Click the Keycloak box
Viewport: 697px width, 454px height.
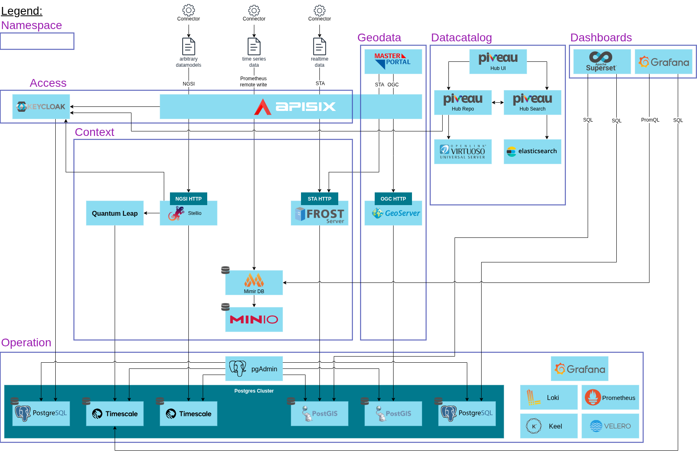click(x=41, y=106)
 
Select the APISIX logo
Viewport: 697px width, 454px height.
click(x=295, y=106)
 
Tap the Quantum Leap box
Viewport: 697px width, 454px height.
click(x=115, y=213)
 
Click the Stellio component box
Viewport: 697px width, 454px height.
click(x=188, y=213)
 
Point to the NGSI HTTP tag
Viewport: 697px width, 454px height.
click(x=188, y=199)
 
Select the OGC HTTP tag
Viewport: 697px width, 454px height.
click(x=393, y=199)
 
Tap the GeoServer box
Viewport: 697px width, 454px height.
click(x=393, y=213)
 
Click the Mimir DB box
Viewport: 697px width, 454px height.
click(x=254, y=282)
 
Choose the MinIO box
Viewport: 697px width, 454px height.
click(x=254, y=319)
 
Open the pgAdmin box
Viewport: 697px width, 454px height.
click(x=254, y=368)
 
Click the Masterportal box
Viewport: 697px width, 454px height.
click(x=393, y=61)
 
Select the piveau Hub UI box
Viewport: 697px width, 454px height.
click(x=498, y=61)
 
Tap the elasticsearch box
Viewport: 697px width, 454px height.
click(x=532, y=151)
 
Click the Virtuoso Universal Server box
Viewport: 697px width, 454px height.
click(x=463, y=151)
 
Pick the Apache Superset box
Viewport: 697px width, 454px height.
click(x=602, y=61)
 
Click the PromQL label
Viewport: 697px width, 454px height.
click(x=650, y=120)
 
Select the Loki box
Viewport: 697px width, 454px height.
click(x=549, y=397)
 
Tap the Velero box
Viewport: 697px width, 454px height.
click(x=610, y=426)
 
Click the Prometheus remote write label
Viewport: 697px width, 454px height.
click(x=253, y=81)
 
